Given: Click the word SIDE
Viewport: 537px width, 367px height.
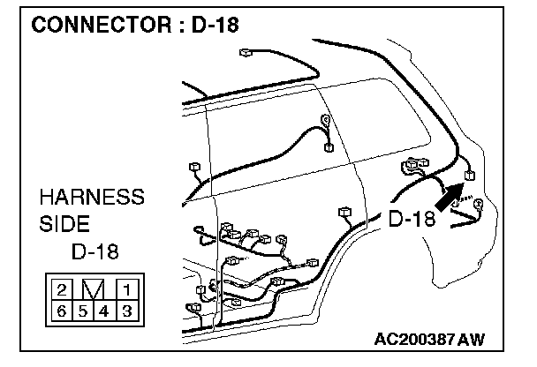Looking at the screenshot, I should click(64, 224).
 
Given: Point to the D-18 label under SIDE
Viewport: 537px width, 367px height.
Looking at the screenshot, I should click(96, 252).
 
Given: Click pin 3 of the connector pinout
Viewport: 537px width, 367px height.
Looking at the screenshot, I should click(126, 310).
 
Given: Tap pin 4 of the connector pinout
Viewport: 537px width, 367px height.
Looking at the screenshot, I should click(105, 310).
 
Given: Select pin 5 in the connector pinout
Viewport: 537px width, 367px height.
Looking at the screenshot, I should click(84, 310).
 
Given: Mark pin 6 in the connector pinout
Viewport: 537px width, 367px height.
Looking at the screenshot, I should click(63, 310).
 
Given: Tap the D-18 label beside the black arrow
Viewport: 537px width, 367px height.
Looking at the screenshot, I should click(412, 218).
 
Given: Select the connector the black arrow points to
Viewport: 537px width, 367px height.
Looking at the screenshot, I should click(469, 175).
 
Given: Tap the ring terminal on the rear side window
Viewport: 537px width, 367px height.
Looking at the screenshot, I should click(327, 120).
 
